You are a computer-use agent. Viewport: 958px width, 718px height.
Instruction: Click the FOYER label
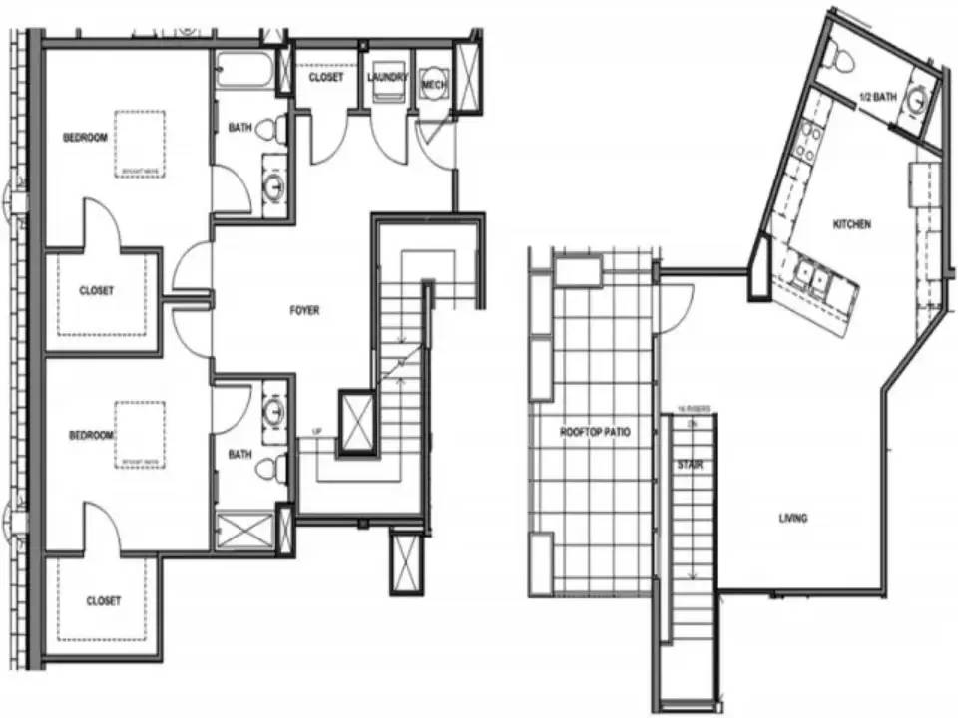tap(304, 311)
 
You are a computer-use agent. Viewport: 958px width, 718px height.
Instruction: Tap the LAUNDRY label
tap(385, 77)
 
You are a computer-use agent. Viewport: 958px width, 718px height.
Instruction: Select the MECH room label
tap(433, 85)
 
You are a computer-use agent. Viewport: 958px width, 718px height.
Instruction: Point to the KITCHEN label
tap(851, 225)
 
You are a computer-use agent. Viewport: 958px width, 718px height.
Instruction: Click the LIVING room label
tap(793, 518)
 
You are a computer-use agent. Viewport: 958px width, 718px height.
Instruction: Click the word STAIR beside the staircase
tap(685, 465)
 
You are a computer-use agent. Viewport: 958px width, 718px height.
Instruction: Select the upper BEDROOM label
tap(85, 138)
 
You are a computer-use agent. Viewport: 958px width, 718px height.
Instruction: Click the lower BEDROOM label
tap(91, 436)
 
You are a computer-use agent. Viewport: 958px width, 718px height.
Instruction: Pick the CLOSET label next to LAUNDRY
tap(325, 77)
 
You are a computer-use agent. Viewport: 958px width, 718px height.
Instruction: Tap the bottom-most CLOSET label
tap(104, 601)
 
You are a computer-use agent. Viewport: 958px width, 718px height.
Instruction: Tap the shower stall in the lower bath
tap(244, 530)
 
